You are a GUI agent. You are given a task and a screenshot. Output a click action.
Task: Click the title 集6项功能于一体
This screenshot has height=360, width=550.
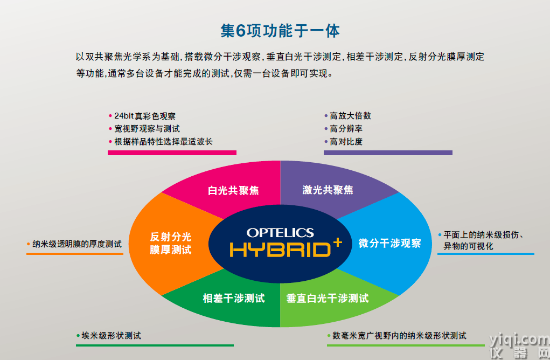(x=280, y=31)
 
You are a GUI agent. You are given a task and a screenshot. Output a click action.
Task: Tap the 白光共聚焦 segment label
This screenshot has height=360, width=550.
(x=233, y=190)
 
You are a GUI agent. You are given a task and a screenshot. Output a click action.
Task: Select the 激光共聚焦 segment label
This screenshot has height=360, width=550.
(x=328, y=190)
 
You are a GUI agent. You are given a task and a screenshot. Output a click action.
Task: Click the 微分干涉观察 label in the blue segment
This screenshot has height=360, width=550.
(x=389, y=243)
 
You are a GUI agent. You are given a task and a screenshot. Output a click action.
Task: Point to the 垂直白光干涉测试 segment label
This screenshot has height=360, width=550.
(x=328, y=298)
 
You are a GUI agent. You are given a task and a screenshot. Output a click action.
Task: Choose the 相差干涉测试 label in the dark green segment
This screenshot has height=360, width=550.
(x=234, y=298)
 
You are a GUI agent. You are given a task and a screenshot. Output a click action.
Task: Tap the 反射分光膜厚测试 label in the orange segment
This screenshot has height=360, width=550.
(x=171, y=243)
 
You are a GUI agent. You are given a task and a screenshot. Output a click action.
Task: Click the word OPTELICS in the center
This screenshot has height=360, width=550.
(x=280, y=233)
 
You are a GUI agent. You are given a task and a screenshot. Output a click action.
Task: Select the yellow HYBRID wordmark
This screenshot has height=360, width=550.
(x=280, y=250)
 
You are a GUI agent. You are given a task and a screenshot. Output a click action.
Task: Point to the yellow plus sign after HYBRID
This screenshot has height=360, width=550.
(x=337, y=242)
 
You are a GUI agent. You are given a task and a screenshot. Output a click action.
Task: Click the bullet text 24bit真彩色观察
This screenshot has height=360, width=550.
(x=145, y=116)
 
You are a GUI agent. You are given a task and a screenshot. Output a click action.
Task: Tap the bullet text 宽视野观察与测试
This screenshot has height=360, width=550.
(x=147, y=129)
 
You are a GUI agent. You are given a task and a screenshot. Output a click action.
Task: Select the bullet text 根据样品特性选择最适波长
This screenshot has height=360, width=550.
(x=163, y=142)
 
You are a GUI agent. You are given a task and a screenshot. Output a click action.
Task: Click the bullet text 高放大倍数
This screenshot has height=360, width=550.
(x=350, y=116)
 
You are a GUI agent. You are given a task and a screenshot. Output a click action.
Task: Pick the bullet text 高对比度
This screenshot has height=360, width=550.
(x=346, y=142)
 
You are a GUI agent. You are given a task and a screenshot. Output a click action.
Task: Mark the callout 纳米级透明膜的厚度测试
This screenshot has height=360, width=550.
(x=77, y=244)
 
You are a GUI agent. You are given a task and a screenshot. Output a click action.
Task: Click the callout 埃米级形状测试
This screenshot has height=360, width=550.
(x=111, y=336)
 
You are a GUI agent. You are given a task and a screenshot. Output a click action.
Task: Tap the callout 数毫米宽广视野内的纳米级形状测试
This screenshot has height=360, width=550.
(x=400, y=336)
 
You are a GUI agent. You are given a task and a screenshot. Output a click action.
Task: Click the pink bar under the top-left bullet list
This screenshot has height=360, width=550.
(x=172, y=153)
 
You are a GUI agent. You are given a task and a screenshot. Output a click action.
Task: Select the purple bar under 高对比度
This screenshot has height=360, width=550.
(x=388, y=153)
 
